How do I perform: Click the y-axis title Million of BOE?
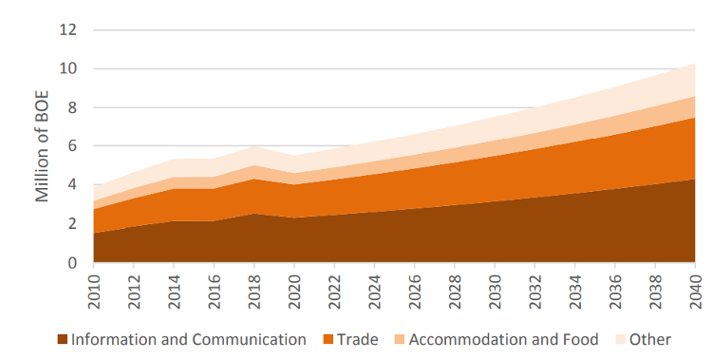coord(43,146)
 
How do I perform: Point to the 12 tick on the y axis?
coord(67,29)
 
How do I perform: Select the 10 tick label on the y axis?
coord(67,68)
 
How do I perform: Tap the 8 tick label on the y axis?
coord(71,107)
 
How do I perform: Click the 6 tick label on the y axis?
coord(71,146)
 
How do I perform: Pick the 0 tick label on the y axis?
coord(71,262)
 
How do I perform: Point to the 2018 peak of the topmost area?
coord(254,146)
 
